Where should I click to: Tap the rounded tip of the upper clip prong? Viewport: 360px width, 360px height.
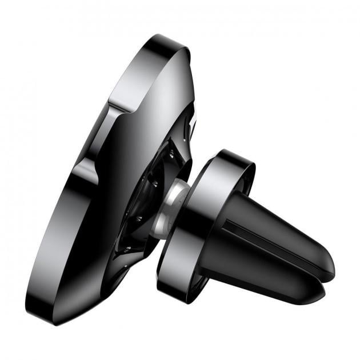[x=328, y=263]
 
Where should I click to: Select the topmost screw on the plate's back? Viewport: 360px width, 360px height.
[x=171, y=151]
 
